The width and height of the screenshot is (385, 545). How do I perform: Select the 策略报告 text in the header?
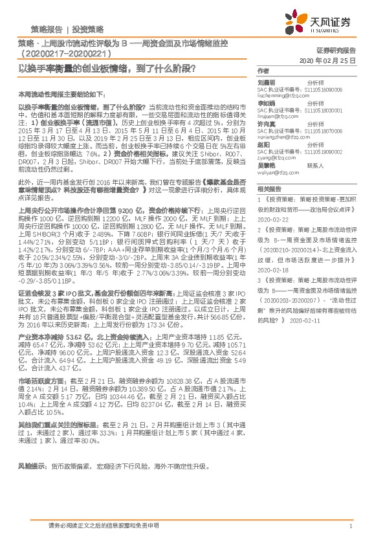pyautogui.click(x=47, y=30)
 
